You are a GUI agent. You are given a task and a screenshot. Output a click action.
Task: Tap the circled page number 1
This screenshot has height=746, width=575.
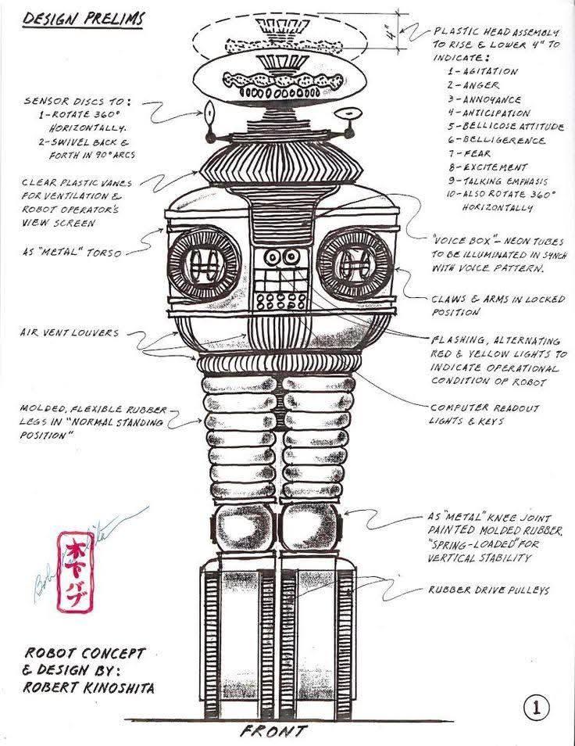click(537, 708)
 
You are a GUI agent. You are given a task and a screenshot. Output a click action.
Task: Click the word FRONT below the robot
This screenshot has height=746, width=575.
click(273, 732)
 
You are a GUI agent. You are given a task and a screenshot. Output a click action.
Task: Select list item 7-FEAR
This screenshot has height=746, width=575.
click(470, 153)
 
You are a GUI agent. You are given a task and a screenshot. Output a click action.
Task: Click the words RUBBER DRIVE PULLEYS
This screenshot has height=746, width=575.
click(488, 590)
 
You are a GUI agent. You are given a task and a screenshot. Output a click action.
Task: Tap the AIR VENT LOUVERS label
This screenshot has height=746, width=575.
click(70, 332)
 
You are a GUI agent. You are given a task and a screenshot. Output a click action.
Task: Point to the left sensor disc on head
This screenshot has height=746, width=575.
click(209, 117)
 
